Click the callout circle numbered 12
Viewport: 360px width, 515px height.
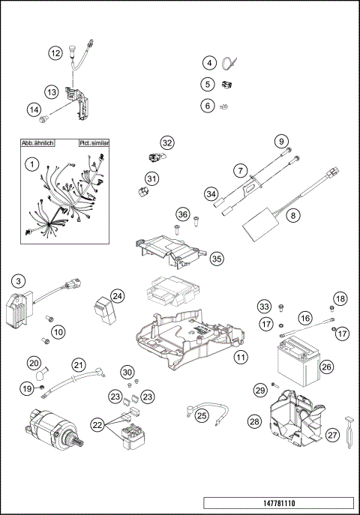coord(55,53)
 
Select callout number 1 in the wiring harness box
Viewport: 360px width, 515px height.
coord(31,163)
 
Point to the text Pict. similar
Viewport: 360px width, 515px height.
coord(94,142)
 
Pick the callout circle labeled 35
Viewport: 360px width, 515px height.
coord(217,258)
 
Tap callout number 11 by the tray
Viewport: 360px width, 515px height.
coord(240,358)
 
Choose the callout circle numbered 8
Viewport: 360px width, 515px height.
coord(292,215)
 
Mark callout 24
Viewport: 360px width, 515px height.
coord(118,296)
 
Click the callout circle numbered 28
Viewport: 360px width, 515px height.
coord(254,422)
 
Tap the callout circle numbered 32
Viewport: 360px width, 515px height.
coord(166,142)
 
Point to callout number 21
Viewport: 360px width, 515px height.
coord(79,365)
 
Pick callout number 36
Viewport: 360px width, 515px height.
coord(181,214)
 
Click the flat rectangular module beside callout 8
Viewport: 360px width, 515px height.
coord(258,224)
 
